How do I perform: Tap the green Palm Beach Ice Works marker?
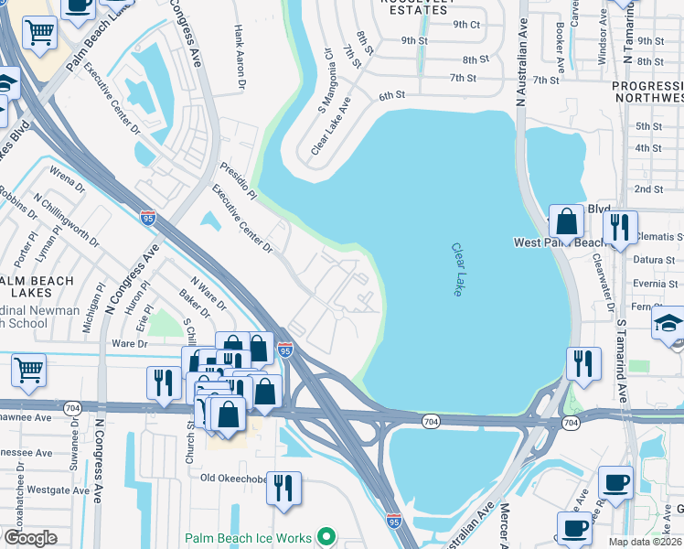click(326, 538)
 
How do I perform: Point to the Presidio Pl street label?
click(240, 181)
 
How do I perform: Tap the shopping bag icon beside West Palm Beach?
click(566, 222)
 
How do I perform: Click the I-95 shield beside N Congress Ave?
click(148, 217)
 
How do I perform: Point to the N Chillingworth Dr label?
click(66, 219)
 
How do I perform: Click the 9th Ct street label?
click(466, 25)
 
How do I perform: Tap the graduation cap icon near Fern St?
click(669, 324)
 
